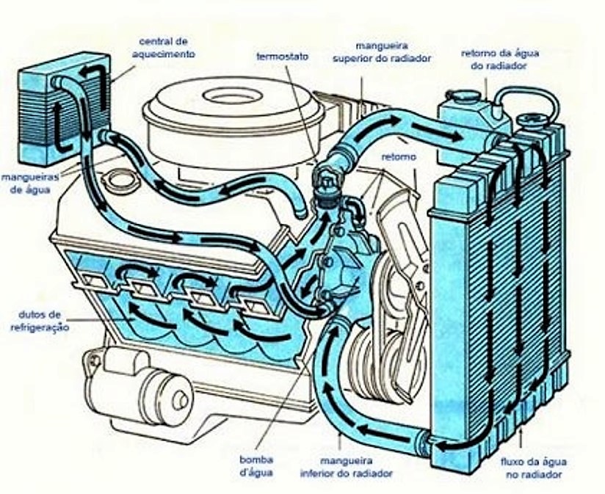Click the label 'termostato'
coord(283,57)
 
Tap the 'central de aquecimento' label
coord(164,48)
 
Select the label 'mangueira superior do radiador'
coord(382,52)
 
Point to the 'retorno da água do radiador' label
coord(500,59)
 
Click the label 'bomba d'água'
coord(256,466)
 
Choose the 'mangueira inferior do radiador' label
coord(346,467)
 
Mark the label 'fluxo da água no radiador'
coord(534,468)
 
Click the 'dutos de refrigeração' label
coord(40,321)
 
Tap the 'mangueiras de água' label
coord(30,184)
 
